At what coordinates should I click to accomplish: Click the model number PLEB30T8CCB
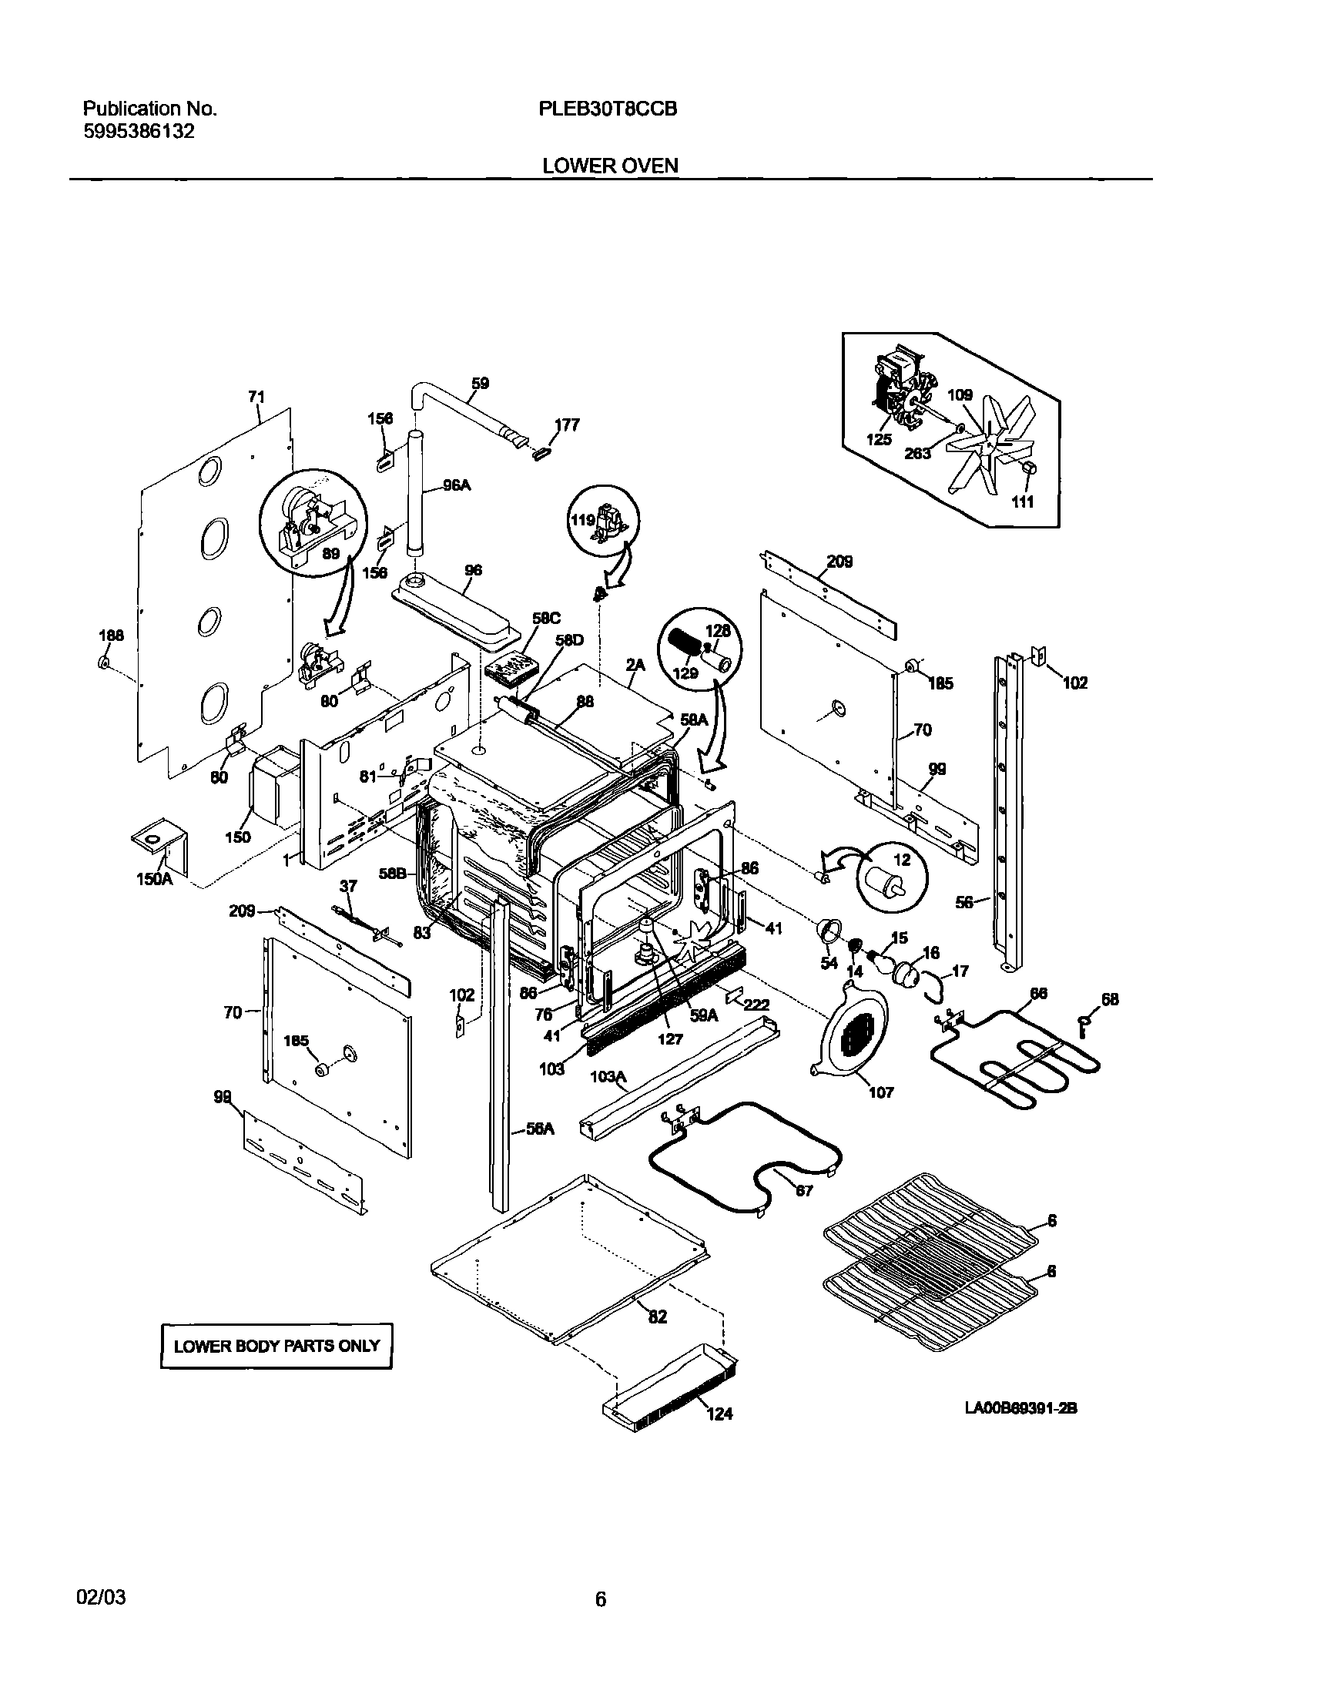[608, 109]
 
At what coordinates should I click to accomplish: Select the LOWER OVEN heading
[610, 166]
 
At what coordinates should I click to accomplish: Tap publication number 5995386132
[139, 131]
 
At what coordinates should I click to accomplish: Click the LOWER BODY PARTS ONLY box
[276, 1346]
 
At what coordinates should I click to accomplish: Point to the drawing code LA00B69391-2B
[1020, 1409]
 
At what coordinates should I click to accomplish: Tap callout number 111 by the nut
[1023, 502]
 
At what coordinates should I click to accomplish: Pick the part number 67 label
[803, 1191]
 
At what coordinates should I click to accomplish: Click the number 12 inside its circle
[901, 860]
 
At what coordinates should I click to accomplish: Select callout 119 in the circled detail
[582, 520]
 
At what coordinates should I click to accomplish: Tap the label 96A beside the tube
[456, 485]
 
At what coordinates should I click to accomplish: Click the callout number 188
[111, 636]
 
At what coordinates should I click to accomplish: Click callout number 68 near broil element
[1109, 999]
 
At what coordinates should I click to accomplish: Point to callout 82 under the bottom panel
[657, 1317]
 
